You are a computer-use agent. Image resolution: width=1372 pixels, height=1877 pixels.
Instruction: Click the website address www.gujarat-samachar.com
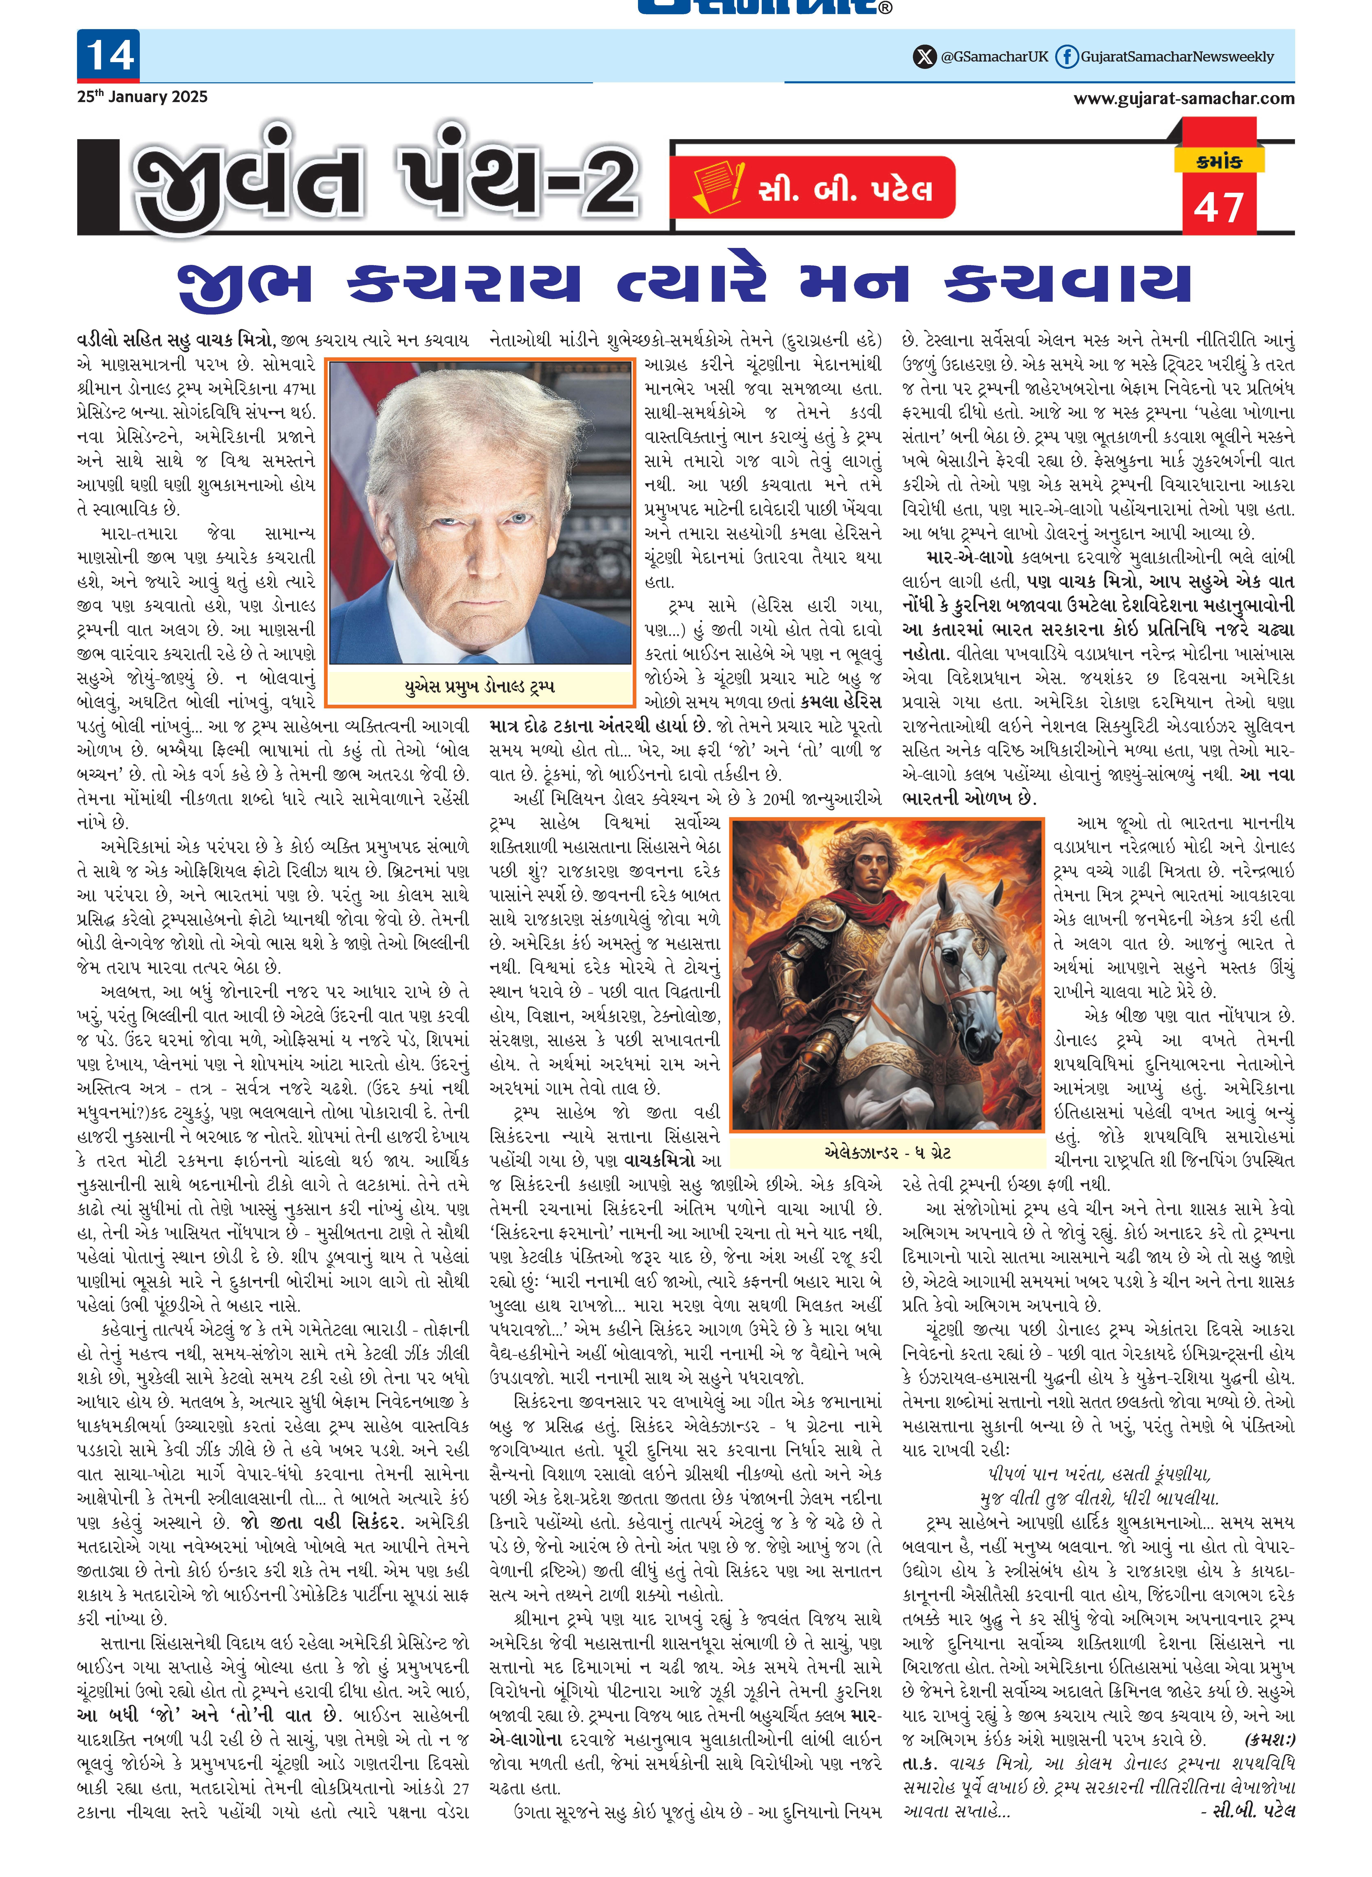point(1184,99)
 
